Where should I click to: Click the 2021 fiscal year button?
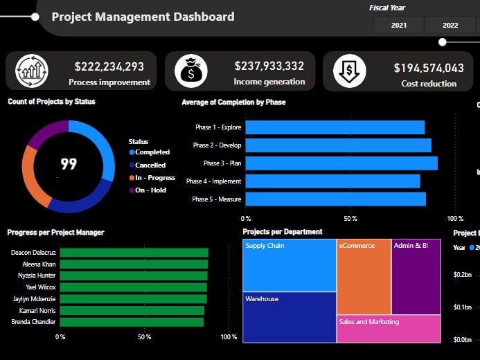399,25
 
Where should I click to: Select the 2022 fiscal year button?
450,25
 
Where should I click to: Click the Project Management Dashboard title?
143,17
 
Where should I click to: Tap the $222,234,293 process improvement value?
109,66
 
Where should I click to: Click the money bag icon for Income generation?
191,71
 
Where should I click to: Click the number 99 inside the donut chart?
69,164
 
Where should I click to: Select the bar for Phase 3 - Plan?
341,163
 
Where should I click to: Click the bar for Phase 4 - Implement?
332,181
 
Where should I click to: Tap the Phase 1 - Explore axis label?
217,127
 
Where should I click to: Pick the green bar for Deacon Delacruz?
134,253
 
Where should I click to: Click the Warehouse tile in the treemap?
289,317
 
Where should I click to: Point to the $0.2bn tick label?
462,275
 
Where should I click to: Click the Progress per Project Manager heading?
55,233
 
